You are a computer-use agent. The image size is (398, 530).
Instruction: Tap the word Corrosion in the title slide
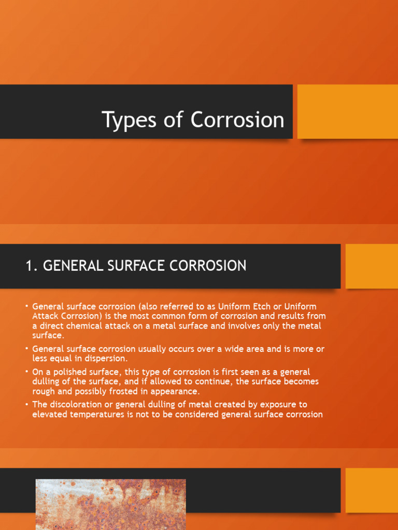237,120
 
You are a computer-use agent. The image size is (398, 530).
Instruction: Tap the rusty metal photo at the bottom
110,504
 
